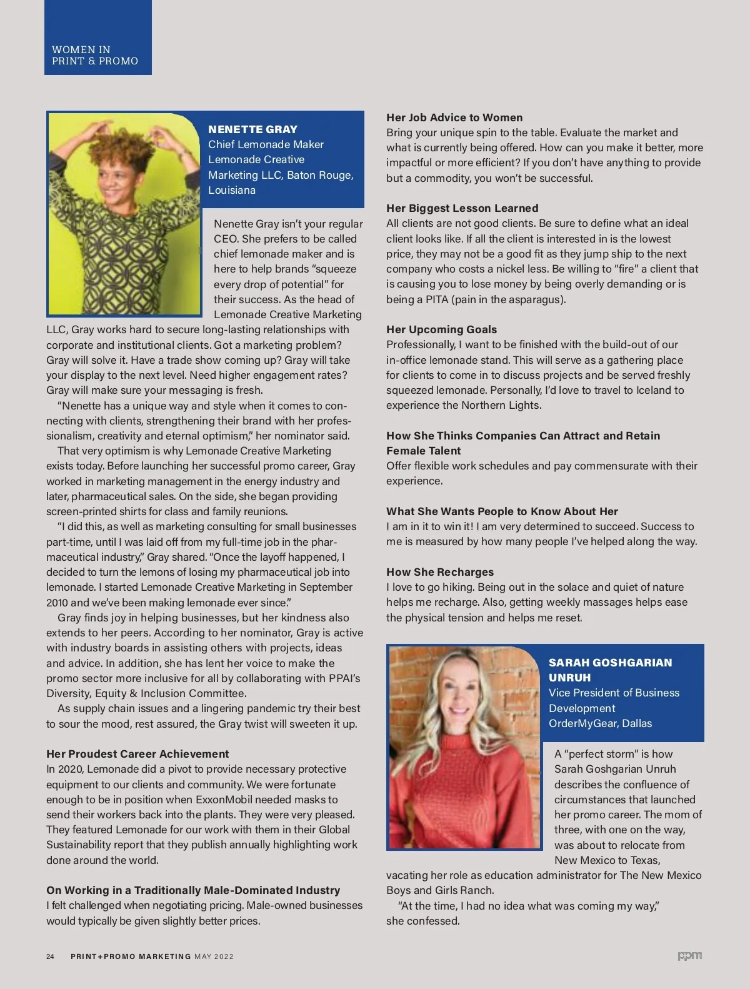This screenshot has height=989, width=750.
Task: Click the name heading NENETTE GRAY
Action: tap(252, 129)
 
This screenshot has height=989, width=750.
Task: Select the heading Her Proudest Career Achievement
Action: tap(137, 754)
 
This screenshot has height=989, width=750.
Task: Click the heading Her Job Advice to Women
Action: tap(454, 118)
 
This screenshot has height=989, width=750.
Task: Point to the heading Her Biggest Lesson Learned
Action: tap(462, 208)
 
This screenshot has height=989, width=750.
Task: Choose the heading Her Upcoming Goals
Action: tap(441, 329)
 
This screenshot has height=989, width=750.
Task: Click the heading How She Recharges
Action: tap(440, 572)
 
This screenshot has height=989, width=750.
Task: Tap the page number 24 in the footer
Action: tap(51, 956)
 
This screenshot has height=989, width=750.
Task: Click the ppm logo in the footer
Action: tap(689, 956)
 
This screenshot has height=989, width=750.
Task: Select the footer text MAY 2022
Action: tap(214, 956)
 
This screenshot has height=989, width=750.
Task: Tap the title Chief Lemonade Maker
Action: tap(266, 144)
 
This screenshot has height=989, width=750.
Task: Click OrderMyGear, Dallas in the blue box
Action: tap(600, 723)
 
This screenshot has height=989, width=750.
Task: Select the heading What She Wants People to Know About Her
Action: tap(502, 511)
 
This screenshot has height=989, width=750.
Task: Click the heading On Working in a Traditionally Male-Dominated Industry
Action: tap(193, 890)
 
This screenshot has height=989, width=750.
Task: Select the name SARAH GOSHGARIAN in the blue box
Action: tap(610, 663)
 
